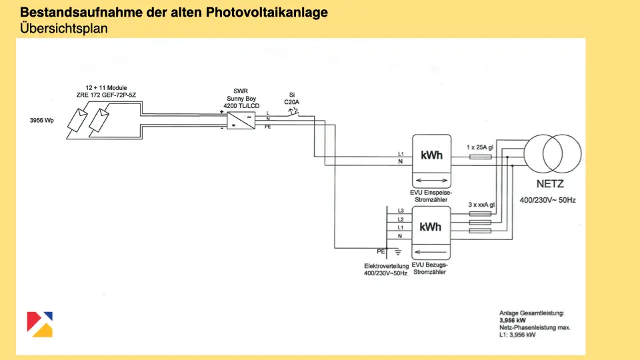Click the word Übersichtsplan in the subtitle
[64, 29]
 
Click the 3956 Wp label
[42, 121]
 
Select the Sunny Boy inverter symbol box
[240, 120]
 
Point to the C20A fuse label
[292, 102]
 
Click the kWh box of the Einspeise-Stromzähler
[431, 155]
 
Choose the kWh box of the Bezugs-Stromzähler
[431, 227]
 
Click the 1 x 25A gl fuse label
[481, 147]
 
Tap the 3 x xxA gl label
[481, 205]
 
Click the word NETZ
[551, 184]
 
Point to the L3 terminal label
[400, 211]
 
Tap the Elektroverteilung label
[382, 265]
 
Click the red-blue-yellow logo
[40, 323]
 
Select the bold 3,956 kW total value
[513, 320]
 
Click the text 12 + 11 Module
[106, 87]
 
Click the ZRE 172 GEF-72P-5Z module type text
[106, 95]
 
